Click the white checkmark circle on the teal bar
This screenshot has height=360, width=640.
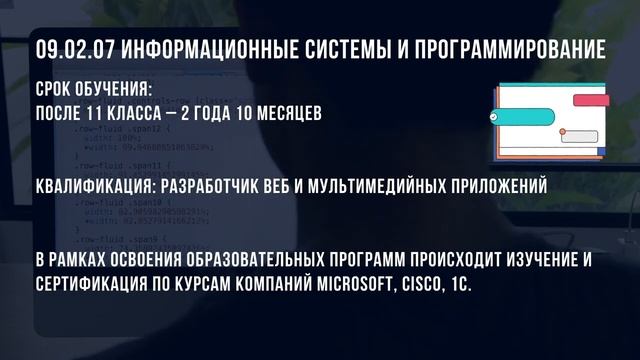click(495, 118)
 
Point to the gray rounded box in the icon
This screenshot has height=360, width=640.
click(580, 136)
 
